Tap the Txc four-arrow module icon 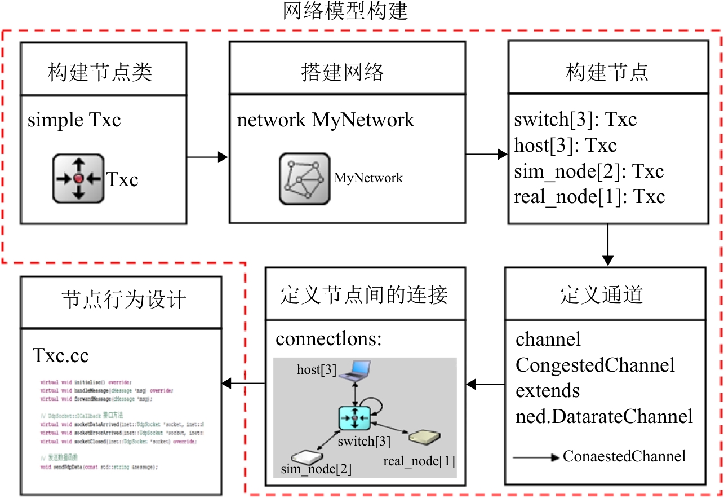point(78,179)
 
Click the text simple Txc point(74,120)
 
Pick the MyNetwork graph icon point(305,178)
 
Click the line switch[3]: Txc point(576,120)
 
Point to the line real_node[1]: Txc point(589,197)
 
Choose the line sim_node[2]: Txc point(589,171)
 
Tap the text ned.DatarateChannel point(604,417)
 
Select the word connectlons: point(329,340)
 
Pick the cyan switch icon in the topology point(354,418)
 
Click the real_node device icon point(425,437)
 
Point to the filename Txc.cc point(61,356)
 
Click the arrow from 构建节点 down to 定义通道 point(607,245)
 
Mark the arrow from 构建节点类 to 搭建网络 point(207,158)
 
